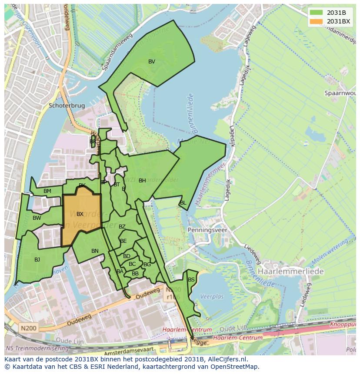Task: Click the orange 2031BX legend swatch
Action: [317, 21]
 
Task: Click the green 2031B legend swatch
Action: [317, 13]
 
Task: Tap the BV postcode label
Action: [151, 62]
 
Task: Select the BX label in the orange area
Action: [80, 214]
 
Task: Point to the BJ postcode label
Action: [37, 260]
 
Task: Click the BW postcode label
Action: [37, 218]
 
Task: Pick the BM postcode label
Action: [47, 191]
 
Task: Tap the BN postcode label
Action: [95, 251]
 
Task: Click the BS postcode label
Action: [191, 280]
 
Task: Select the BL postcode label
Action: [183, 203]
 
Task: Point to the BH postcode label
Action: [142, 181]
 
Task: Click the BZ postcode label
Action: [122, 227]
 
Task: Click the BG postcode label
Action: [147, 265]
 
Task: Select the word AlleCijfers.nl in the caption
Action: [226, 359]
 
